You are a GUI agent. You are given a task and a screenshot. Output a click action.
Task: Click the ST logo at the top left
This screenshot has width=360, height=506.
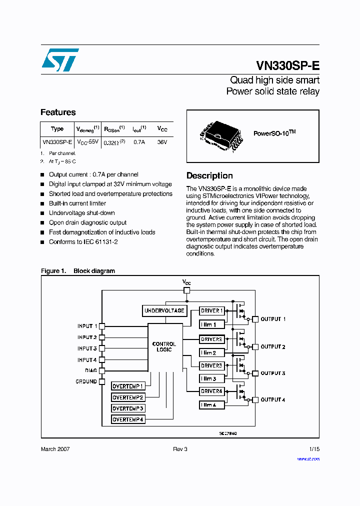pos(59,60)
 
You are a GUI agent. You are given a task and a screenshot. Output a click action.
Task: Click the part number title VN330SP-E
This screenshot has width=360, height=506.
pos(287,65)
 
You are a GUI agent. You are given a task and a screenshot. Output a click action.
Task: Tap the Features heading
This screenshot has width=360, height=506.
pos(58,112)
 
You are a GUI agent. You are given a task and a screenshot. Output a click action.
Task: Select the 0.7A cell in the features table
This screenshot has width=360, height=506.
pos(138,142)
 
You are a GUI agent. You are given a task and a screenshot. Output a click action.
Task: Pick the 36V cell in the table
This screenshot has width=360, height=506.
pos(162,142)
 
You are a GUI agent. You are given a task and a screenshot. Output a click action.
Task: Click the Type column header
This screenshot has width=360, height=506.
pos(57,128)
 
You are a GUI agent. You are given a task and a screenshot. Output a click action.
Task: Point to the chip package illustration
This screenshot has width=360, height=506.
pos(218,136)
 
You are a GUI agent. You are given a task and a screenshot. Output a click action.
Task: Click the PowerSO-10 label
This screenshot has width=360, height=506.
pos(274,133)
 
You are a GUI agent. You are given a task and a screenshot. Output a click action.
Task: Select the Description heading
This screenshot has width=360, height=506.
pos(209,175)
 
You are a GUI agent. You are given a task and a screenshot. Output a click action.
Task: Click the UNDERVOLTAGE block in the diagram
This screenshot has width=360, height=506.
pos(164,310)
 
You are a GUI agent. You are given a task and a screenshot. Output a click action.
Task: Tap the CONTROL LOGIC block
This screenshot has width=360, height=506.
pos(164,347)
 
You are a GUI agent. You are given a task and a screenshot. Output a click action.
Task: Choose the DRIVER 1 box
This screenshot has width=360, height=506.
pos(211,310)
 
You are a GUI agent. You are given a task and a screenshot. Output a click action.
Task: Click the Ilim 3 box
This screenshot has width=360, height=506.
pos(211,378)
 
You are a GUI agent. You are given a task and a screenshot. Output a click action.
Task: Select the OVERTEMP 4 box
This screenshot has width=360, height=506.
pos(128,419)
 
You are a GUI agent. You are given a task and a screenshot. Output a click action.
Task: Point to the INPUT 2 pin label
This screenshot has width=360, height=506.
pos(87,337)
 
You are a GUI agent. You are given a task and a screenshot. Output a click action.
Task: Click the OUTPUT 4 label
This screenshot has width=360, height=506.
pos(273,399)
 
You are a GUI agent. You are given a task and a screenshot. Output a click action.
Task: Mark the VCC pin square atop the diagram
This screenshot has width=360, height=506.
pos(186,290)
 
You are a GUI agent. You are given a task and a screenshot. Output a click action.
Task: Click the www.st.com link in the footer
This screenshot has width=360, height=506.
pos(308,458)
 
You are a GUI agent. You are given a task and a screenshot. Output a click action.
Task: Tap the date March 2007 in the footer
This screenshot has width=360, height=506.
pos(55,449)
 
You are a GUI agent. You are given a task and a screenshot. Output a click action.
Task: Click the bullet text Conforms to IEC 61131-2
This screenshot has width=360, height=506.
pos(83,242)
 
